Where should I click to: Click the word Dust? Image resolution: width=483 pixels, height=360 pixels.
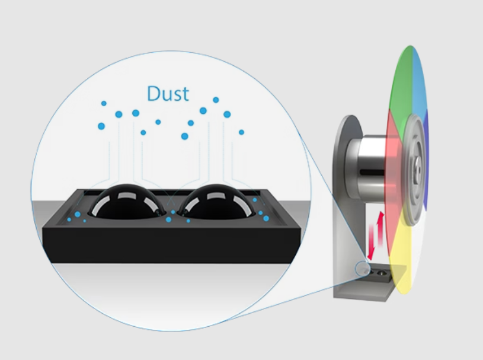click(x=168, y=94)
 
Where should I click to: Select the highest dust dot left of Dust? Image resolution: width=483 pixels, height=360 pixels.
click(x=104, y=103)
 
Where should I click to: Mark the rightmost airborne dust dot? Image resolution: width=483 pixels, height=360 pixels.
click(x=241, y=132)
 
